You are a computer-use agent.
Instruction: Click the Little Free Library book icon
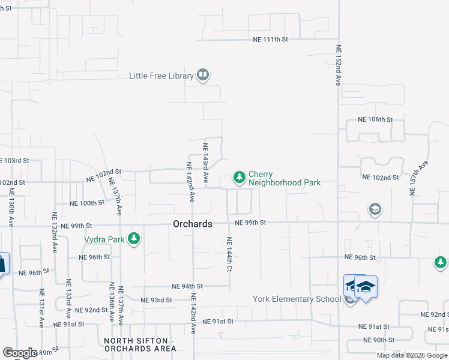tap(202, 76)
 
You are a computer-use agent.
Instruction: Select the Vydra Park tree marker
tap(133, 239)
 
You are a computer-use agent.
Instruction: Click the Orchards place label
tap(192, 224)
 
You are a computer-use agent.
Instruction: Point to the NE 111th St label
tap(270, 39)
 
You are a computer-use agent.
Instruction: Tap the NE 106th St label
tap(375, 119)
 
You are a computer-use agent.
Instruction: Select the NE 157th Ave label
tap(413, 178)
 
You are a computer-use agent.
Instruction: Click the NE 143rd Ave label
tap(205, 163)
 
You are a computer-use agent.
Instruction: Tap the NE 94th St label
tap(187, 286)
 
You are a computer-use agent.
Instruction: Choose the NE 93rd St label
tap(156, 299)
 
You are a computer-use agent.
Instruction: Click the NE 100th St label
tap(88, 203)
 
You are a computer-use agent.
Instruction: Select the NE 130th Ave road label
tap(11, 208)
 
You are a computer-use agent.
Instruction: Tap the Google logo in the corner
tap(20, 353)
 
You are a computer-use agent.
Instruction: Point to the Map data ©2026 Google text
tap(412, 355)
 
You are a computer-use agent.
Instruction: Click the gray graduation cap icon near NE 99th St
tap(375, 209)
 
